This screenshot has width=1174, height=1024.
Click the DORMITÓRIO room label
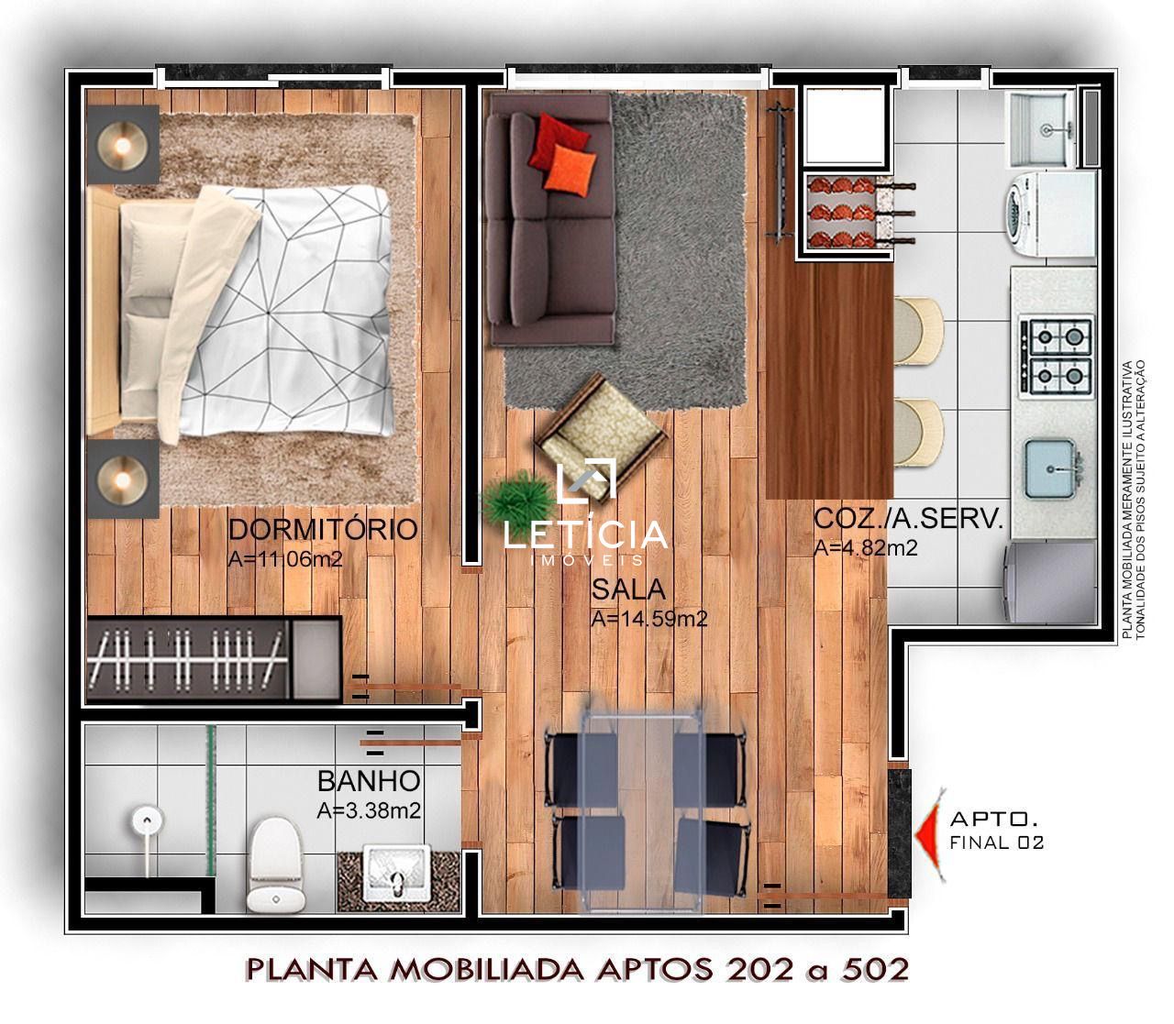(323, 529)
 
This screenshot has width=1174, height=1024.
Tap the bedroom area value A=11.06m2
(285, 559)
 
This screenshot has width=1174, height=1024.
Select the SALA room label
(628, 589)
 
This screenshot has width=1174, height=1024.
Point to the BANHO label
(369, 781)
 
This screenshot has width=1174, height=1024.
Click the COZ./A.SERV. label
(908, 519)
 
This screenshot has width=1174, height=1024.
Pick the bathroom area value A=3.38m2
(369, 810)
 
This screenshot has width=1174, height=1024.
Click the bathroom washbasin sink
(396, 873)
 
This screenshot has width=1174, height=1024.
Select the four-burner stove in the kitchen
(1056, 357)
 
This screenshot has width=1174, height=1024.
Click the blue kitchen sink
(1049, 468)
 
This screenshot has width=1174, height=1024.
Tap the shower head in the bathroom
(148, 820)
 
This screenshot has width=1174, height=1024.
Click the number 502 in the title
(876, 970)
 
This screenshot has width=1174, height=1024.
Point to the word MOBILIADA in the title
(487, 970)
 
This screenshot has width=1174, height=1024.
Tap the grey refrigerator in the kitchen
(1050, 581)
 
